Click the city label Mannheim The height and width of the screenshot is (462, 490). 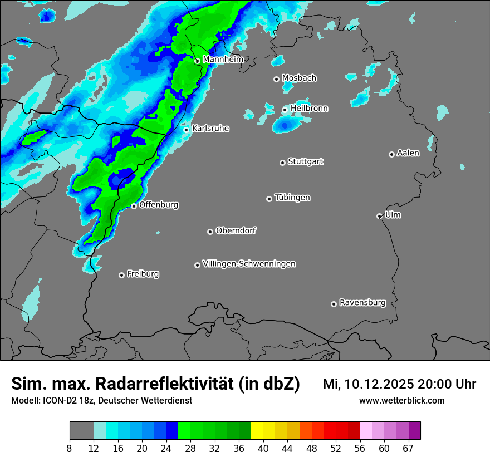click(x=223, y=60)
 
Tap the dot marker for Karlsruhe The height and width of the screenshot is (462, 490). click(x=187, y=130)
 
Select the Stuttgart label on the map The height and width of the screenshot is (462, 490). click(x=305, y=161)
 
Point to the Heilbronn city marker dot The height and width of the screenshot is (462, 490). click(x=285, y=110)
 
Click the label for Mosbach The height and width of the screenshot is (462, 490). click(x=299, y=78)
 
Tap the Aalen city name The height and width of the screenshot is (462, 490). click(x=408, y=153)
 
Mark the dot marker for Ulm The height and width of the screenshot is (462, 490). click(x=379, y=216)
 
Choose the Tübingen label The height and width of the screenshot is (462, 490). click(x=292, y=198)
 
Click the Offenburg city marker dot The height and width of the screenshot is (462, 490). click(x=134, y=206)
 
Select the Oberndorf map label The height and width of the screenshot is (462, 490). click(x=236, y=230)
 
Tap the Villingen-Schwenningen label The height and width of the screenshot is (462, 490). click(x=249, y=264)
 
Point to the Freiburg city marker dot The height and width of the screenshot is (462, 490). click(x=121, y=275)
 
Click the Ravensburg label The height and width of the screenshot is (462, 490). click(x=362, y=303)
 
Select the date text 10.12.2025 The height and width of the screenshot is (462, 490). click(x=378, y=384)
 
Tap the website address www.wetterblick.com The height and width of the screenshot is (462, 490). click(x=401, y=401)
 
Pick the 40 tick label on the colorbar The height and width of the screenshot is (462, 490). click(x=263, y=449)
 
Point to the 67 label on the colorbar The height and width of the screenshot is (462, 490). click(x=408, y=449)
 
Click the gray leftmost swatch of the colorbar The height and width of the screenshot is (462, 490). click(x=81, y=431)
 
